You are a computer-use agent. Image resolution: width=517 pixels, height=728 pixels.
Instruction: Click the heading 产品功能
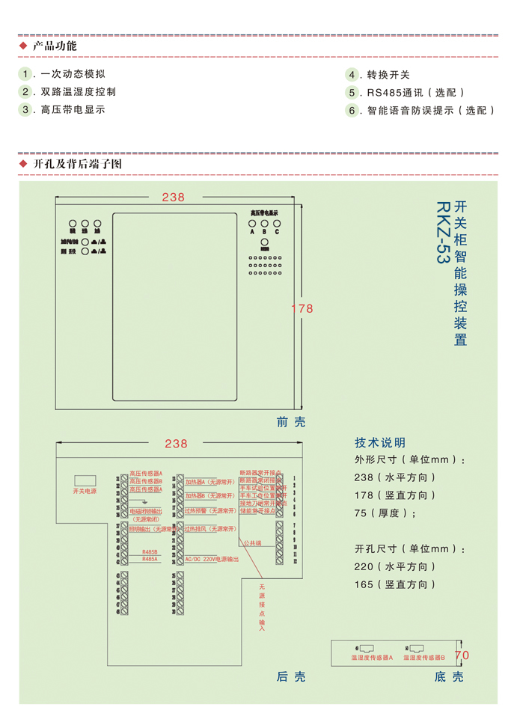click(55, 46)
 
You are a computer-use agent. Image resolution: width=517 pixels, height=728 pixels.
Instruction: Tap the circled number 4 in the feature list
click(352, 75)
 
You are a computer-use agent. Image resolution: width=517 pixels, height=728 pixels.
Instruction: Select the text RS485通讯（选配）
click(416, 93)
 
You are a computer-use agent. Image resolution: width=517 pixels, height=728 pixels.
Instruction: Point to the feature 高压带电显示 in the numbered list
click(73, 109)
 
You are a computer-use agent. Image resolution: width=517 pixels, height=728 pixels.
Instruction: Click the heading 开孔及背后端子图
click(77, 163)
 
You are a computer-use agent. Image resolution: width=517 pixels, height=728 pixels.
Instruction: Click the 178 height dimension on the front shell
click(302, 308)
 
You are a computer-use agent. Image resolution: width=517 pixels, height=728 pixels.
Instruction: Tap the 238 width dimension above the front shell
click(173, 197)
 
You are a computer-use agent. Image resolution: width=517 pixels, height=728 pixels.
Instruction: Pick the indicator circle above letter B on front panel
click(264, 223)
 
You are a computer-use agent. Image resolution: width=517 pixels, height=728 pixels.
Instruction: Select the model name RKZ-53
click(442, 231)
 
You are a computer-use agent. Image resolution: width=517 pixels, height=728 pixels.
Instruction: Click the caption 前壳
click(291, 422)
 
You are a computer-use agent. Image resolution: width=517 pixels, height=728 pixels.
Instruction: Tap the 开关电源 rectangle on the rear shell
click(85, 480)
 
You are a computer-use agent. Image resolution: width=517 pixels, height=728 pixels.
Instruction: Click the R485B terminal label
click(150, 552)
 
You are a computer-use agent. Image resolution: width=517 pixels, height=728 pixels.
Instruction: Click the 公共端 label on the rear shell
click(251, 543)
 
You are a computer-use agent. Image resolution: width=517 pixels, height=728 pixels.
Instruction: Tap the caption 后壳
click(291, 676)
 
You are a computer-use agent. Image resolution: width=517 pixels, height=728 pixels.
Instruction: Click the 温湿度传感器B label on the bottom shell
click(424, 658)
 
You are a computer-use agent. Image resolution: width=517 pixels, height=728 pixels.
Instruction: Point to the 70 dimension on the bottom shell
click(462, 655)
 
